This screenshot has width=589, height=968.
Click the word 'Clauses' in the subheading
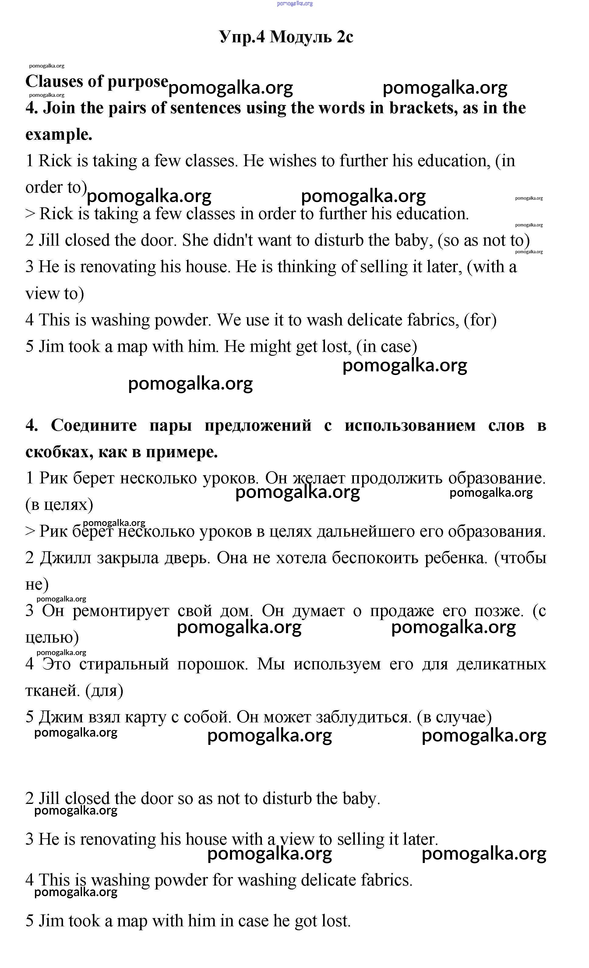[54, 82]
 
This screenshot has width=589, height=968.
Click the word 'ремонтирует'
[121, 611]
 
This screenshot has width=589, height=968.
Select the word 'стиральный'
[124, 664]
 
